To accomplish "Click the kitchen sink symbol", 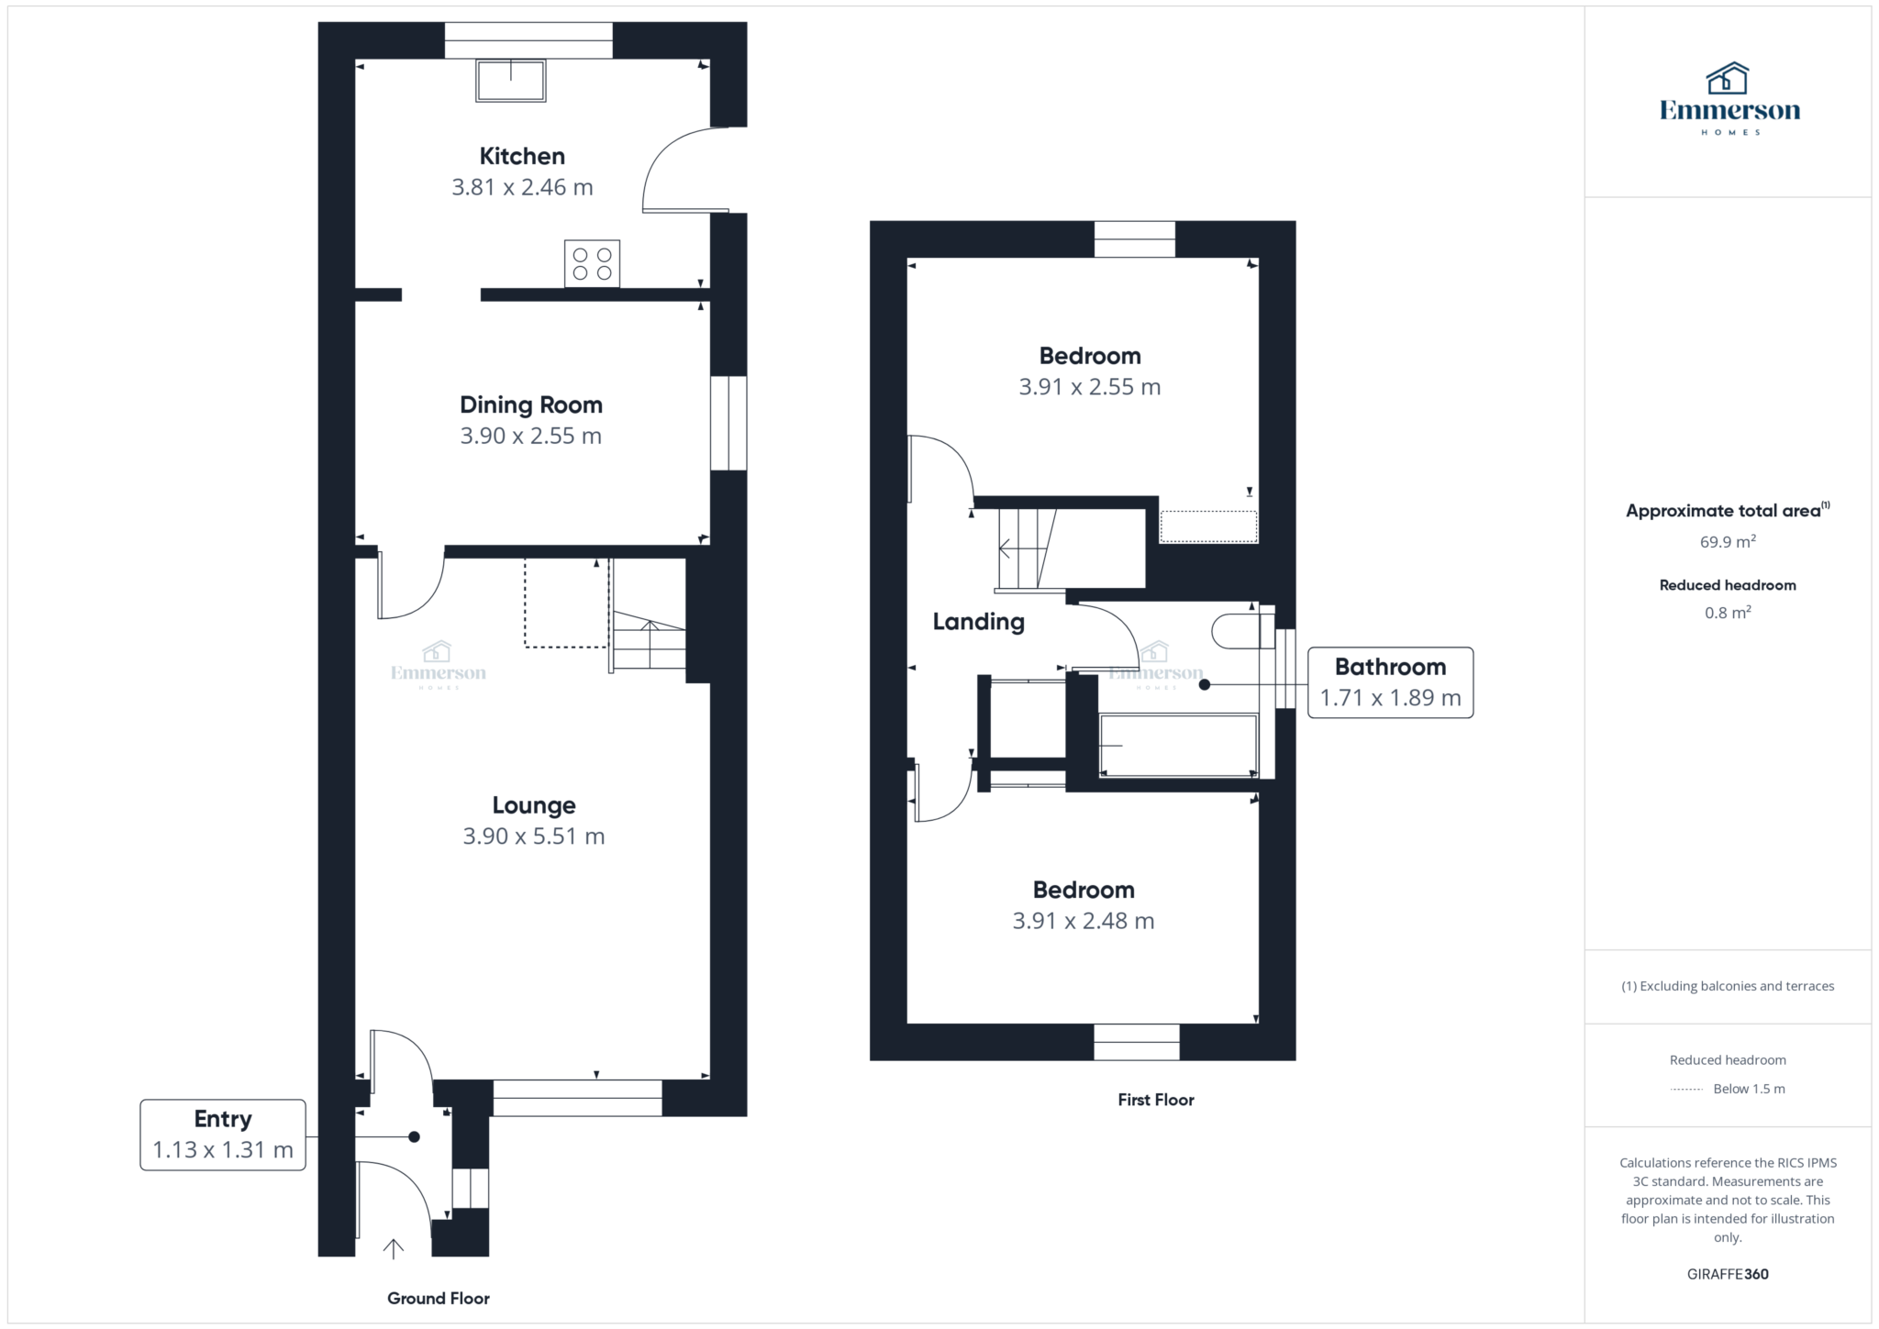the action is coord(510,81).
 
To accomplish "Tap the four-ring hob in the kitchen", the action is coord(592,263).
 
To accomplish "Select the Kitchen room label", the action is coord(522,157).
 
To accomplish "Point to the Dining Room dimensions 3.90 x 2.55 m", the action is coord(531,436).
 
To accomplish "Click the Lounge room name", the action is coord(534,805).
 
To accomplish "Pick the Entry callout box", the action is coord(223,1135).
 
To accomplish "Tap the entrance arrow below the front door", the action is coord(394,1248).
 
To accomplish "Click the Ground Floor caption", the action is coord(439,1298).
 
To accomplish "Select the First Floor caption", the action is coord(1156,1100).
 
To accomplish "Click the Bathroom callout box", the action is coord(1390,682).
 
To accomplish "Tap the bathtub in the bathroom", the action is coord(1178,746).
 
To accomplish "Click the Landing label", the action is coord(979,622).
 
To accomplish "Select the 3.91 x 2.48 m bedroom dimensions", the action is coord(1084,921).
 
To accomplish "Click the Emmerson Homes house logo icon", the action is coord(1728,79).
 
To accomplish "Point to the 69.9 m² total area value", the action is coord(1728,541).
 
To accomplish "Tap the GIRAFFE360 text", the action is coord(1728,1274).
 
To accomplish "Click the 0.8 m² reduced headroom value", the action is coord(1728,612).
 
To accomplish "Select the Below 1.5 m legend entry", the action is coord(1728,1089).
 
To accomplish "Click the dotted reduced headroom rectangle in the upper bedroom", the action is coord(1208,526).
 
